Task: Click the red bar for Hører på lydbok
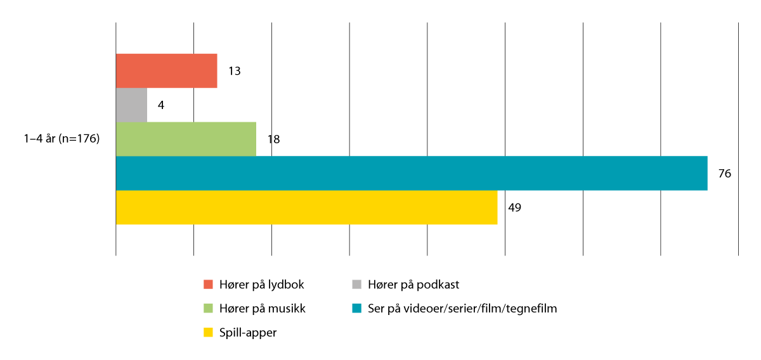[x=166, y=70]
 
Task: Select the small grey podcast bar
[x=131, y=105]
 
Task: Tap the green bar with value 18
[x=186, y=139]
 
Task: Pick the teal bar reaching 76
[x=411, y=173]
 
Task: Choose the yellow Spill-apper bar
[x=306, y=207]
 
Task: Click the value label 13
[x=234, y=71]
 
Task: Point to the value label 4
[x=161, y=105]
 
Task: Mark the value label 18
[x=273, y=139]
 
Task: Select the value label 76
[x=724, y=173]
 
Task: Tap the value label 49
[x=514, y=207]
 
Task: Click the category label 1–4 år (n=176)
[x=62, y=139]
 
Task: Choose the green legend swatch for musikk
[x=208, y=309]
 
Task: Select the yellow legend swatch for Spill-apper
[x=208, y=332]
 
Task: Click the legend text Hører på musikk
[x=263, y=309]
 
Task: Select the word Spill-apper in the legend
[x=247, y=332]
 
